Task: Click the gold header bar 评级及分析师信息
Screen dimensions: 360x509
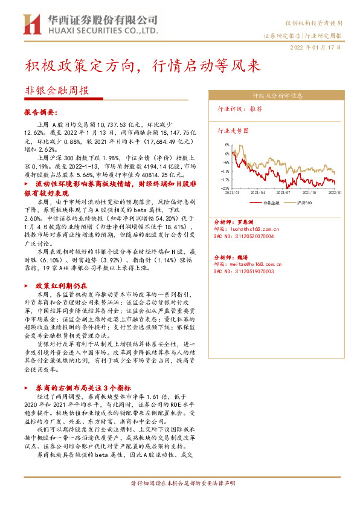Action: (x=277, y=96)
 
